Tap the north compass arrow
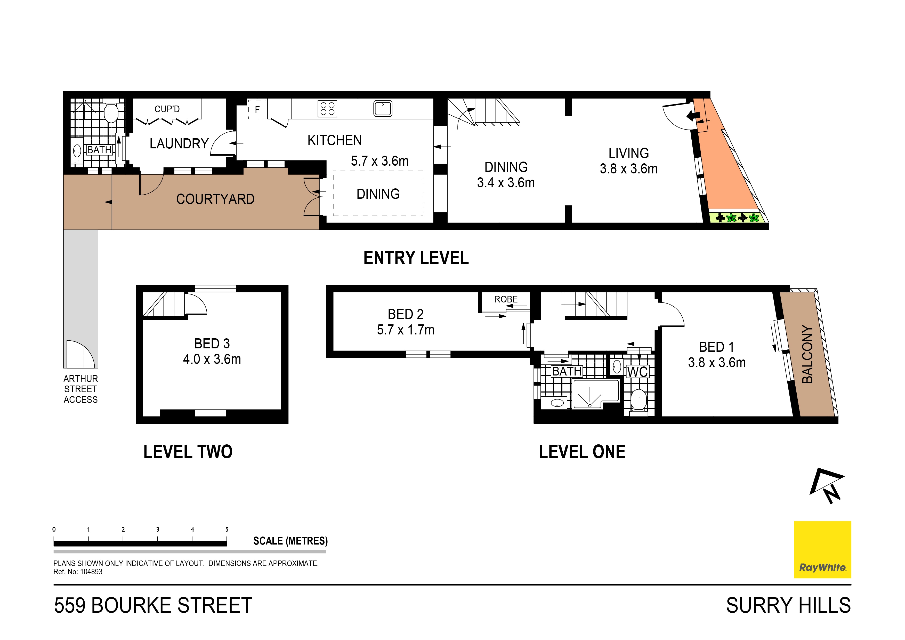(x=827, y=486)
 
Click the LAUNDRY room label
(x=179, y=143)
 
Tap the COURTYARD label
(x=215, y=199)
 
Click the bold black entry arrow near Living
(x=693, y=116)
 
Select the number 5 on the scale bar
(x=227, y=530)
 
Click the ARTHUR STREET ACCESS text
(x=80, y=389)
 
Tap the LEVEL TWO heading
(x=188, y=452)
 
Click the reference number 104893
(x=91, y=572)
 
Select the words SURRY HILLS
(x=788, y=606)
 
